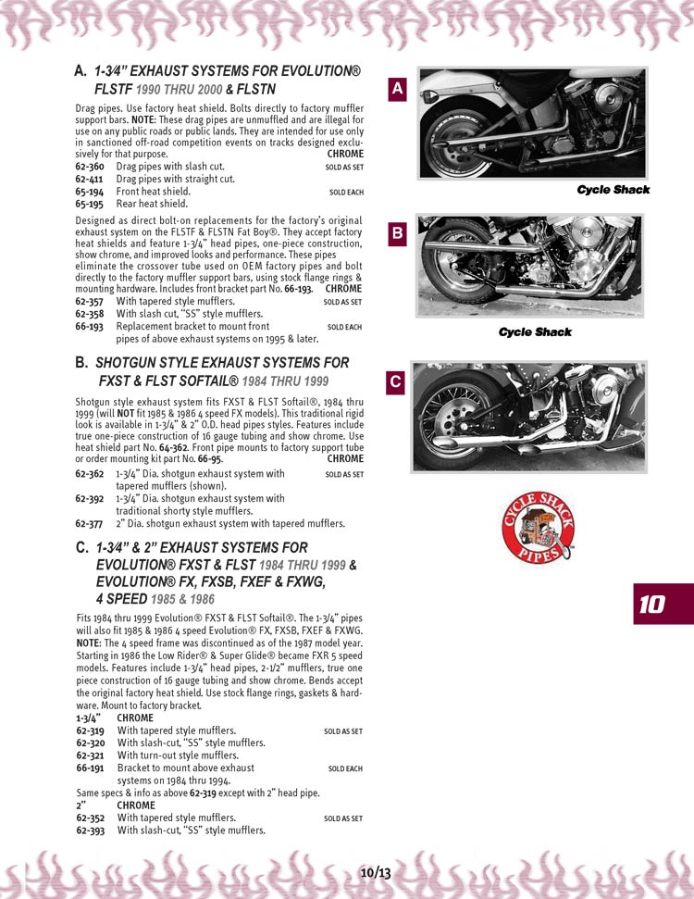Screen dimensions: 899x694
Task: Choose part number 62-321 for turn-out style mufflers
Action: click(90, 755)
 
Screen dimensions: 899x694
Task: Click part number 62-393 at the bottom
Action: click(90, 830)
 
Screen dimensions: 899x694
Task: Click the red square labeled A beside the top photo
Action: click(397, 89)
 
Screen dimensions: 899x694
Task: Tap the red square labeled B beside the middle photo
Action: click(397, 234)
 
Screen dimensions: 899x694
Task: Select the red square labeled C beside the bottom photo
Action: click(395, 381)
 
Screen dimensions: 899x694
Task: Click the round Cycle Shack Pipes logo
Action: click(538, 528)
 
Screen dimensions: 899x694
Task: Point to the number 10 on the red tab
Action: click(651, 605)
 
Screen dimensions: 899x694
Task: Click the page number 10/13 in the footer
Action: click(376, 872)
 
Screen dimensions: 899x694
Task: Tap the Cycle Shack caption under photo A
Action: click(613, 190)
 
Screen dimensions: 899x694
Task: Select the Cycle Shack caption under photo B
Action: click(535, 331)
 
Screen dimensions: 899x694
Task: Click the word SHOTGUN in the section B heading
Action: click(133, 363)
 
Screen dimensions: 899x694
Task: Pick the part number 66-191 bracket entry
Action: click(90, 768)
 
